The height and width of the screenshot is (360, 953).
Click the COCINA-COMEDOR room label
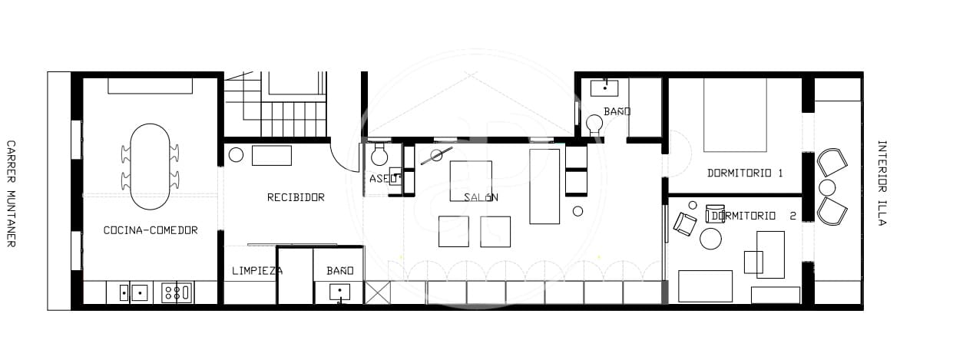151,230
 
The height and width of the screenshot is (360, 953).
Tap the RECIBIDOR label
296,197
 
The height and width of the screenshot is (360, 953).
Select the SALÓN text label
481,197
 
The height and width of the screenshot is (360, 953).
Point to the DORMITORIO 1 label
745,173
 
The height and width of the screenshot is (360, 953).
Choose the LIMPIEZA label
256,271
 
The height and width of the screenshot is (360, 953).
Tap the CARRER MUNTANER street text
12,193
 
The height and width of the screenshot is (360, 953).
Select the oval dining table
151,167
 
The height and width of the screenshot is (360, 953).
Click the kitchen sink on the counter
139,292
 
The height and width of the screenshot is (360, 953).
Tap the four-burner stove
176,292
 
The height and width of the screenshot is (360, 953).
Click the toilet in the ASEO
379,156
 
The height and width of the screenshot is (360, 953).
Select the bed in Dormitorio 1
736,114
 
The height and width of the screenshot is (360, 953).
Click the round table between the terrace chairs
827,187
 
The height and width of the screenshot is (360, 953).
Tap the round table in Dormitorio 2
710,239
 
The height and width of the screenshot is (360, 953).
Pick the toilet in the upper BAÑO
594,124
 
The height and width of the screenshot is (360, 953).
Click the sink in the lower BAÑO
339,292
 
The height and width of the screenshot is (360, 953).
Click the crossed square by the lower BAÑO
378,292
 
